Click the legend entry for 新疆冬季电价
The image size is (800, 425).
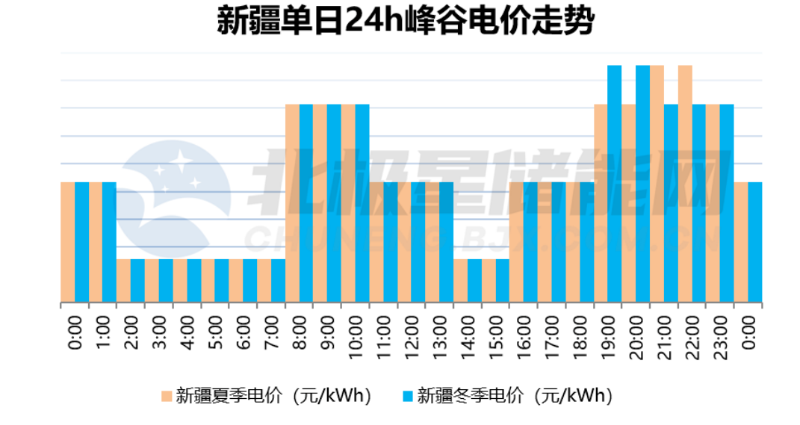(507, 395)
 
